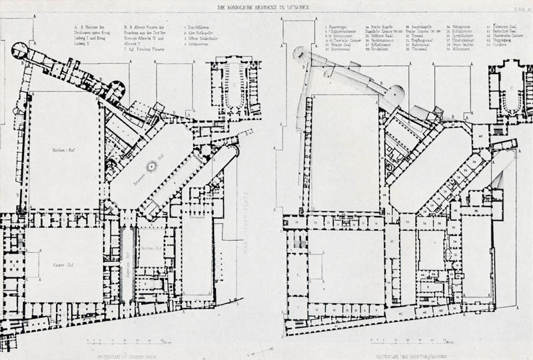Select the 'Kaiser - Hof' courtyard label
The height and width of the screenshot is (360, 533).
click(x=62, y=265)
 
